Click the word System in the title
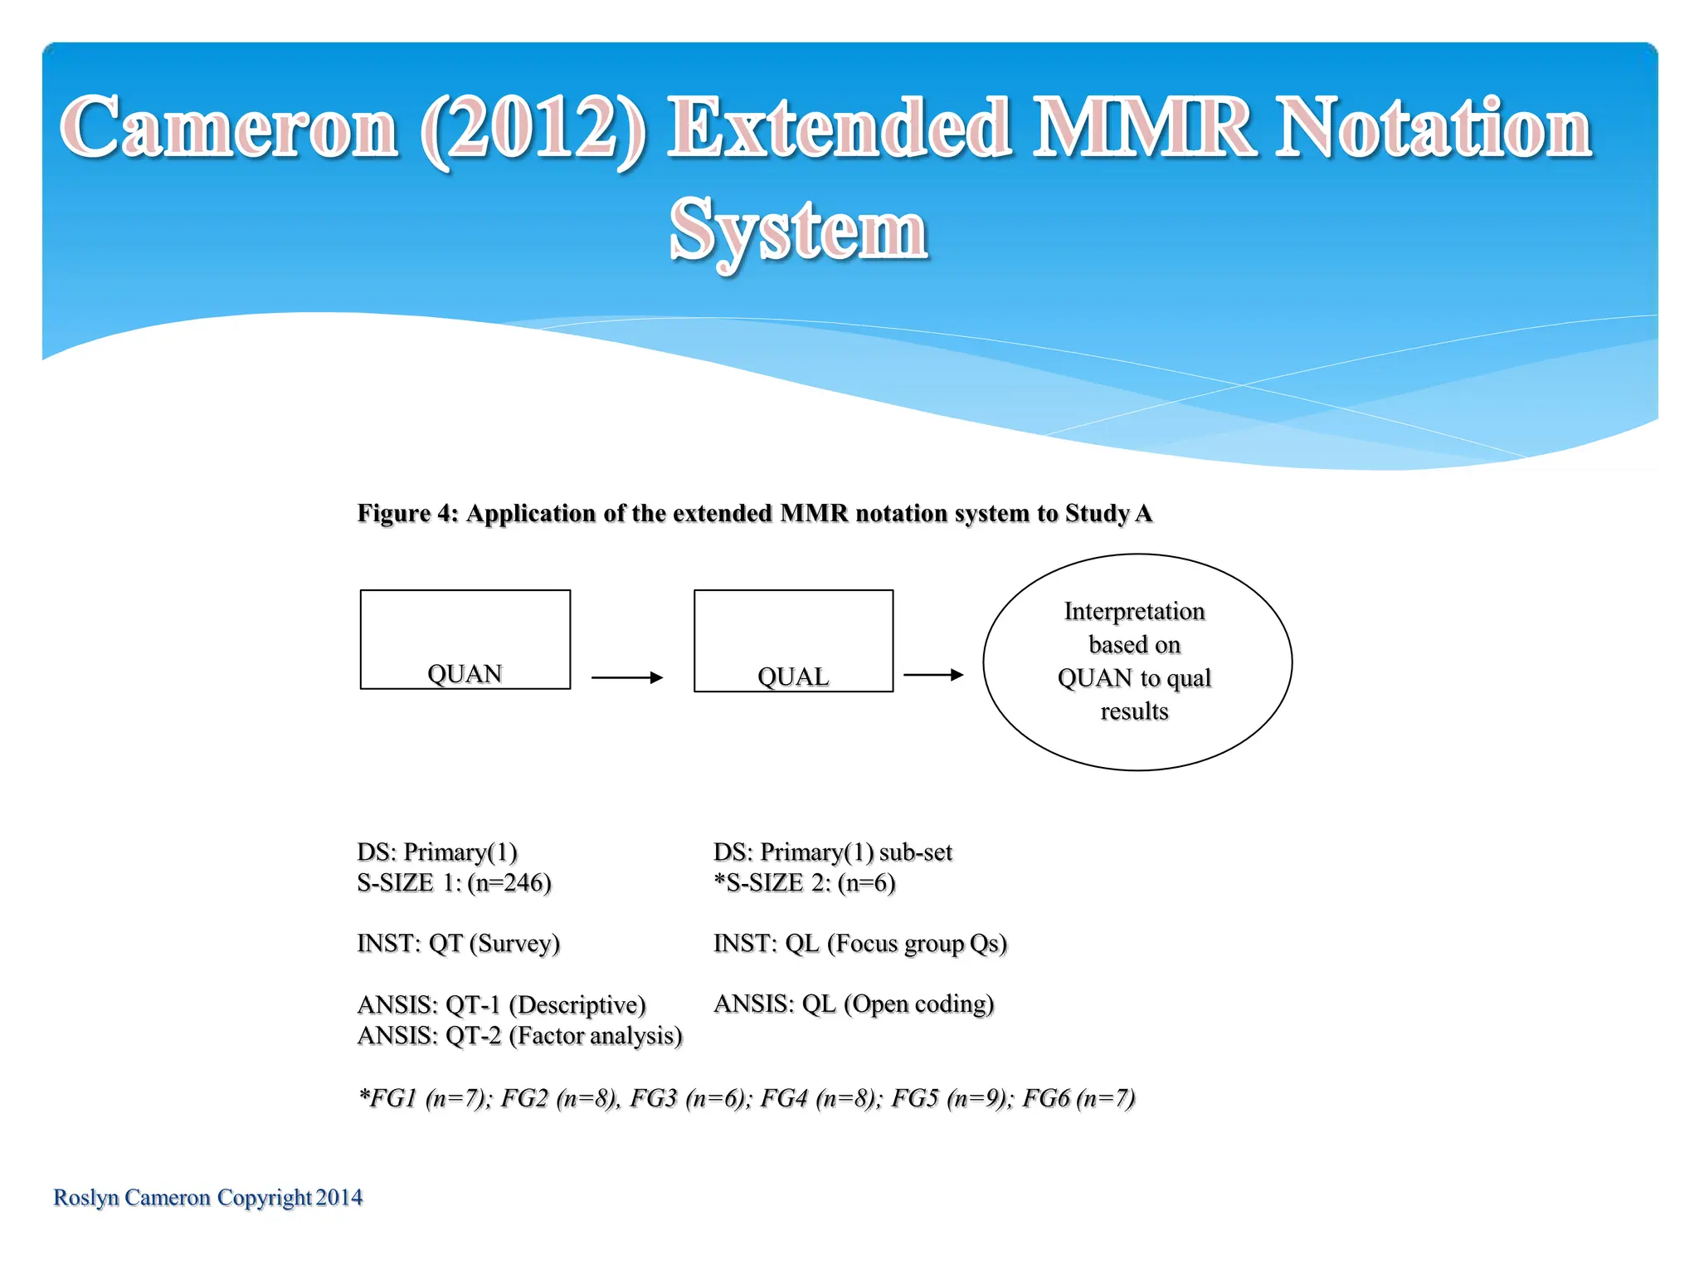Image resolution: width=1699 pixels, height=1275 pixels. click(x=797, y=230)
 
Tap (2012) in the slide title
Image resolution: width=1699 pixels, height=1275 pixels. click(x=532, y=129)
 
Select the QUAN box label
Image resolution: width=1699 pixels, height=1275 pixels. click(x=465, y=673)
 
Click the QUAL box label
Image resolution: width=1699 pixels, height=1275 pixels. click(x=793, y=677)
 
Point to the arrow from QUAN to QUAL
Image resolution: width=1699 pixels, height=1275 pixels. click(x=626, y=677)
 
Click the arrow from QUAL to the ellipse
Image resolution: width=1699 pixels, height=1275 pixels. click(x=932, y=675)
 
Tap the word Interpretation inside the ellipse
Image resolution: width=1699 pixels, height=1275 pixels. click(x=1134, y=611)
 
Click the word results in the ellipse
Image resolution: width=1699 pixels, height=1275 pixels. click(x=1134, y=711)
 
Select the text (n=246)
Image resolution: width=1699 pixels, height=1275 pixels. click(x=509, y=882)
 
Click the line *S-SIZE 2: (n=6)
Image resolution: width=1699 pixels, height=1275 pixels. click(x=804, y=882)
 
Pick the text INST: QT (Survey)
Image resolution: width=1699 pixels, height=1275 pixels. click(x=458, y=943)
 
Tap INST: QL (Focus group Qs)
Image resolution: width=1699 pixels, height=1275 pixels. click(x=859, y=943)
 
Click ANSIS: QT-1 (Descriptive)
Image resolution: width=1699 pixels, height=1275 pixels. click(x=501, y=1004)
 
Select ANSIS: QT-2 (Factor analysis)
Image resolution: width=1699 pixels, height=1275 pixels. click(x=519, y=1035)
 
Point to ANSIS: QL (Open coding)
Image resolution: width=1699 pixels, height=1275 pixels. click(x=853, y=1004)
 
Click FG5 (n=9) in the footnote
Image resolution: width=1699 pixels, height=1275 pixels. click(x=951, y=1098)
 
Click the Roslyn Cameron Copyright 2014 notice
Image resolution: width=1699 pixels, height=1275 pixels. click(x=207, y=1197)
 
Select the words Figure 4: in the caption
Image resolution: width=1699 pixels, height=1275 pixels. click(x=407, y=513)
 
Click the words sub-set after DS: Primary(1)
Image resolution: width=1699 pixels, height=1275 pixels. click(x=915, y=852)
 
